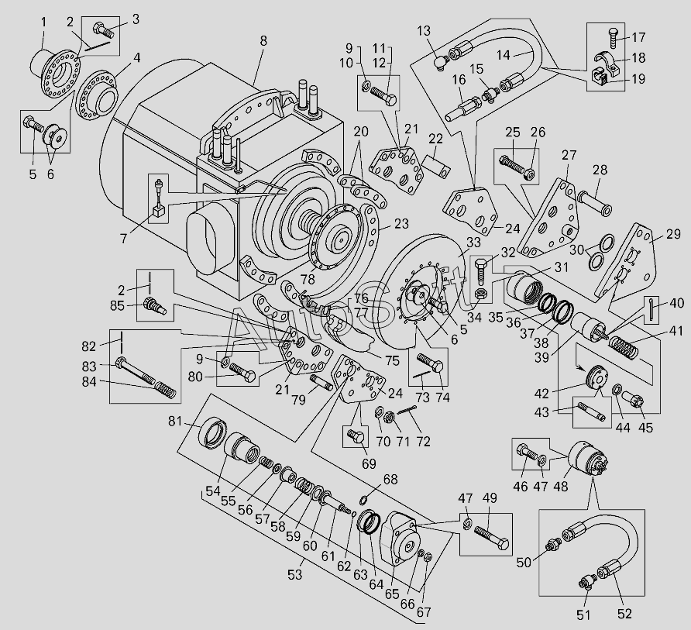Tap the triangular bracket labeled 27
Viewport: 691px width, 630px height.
click(553, 221)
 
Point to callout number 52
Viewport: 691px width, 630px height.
click(624, 614)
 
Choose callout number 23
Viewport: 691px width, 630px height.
click(401, 224)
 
